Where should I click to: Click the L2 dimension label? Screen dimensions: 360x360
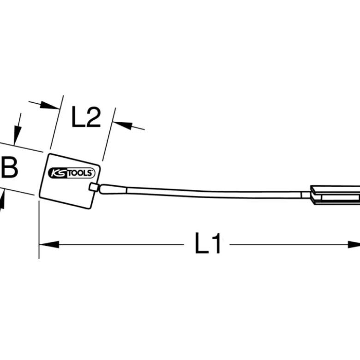tap(86, 117)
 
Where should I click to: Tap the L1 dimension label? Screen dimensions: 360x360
tap(208, 243)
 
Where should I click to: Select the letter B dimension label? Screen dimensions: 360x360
tap(9, 167)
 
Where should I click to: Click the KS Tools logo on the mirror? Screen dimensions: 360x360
tap(72, 173)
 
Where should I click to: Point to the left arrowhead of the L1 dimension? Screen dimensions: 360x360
tap(49, 244)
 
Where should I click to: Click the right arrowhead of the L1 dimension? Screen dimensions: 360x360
tap(354, 244)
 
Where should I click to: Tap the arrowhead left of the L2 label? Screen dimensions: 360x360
tap(50, 106)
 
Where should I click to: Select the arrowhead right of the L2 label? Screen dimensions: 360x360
tap(123, 125)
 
